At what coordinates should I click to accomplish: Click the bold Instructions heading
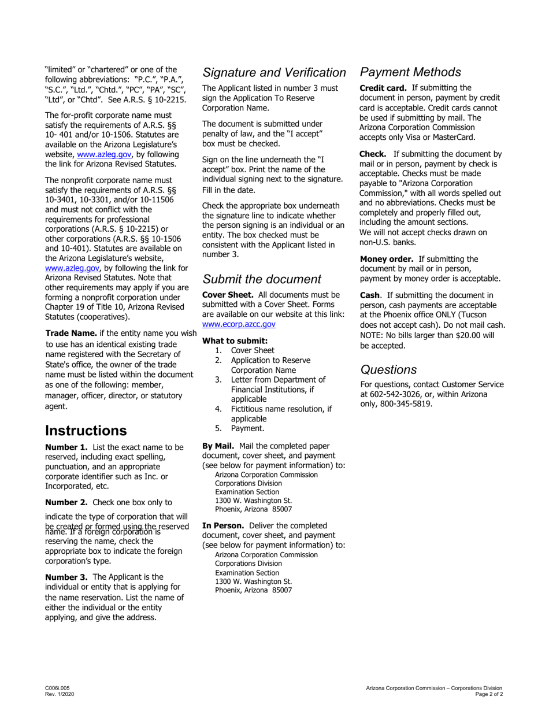(x=86, y=431)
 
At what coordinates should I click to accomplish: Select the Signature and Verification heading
(x=274, y=73)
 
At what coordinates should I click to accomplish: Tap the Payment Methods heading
(x=410, y=72)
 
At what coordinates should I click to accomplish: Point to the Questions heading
(x=388, y=369)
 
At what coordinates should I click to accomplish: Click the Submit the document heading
(x=262, y=280)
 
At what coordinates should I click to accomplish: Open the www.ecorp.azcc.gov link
(x=239, y=325)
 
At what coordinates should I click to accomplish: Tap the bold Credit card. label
(x=383, y=88)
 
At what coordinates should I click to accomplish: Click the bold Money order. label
(x=387, y=259)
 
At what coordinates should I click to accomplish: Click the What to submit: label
(x=235, y=340)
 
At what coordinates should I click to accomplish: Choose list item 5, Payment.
(x=247, y=428)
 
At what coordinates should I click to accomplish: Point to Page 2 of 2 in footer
(x=488, y=694)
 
